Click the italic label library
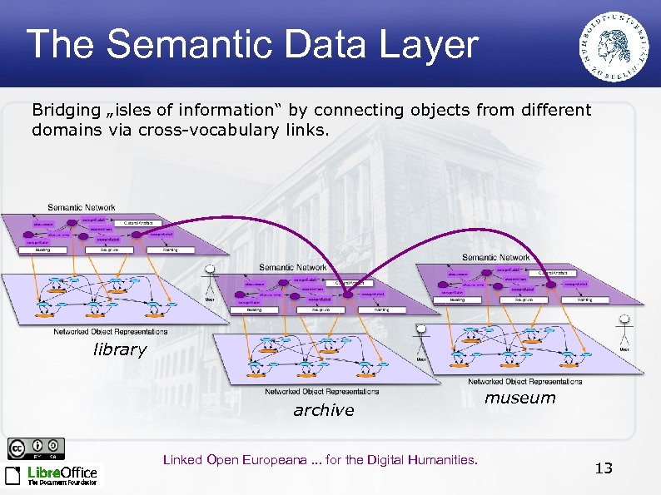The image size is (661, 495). tap(119, 349)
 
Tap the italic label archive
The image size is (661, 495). tap(323, 410)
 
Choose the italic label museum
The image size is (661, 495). tap(519, 398)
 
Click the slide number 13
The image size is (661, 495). tap(604, 468)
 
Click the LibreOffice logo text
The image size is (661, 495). tap(62, 473)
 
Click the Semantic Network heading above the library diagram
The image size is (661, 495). tap(82, 207)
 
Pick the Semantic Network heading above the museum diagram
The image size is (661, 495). tap(496, 257)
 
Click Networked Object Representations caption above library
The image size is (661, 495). tap(111, 331)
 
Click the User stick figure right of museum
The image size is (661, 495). tap(624, 333)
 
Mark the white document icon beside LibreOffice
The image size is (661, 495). tap(14, 475)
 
